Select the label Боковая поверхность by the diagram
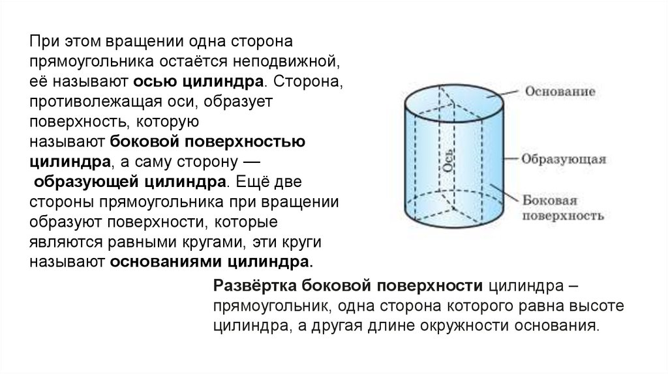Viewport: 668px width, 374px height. pyautogui.click(x=561, y=207)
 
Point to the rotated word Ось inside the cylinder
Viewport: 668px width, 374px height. pyautogui.click(x=448, y=159)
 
